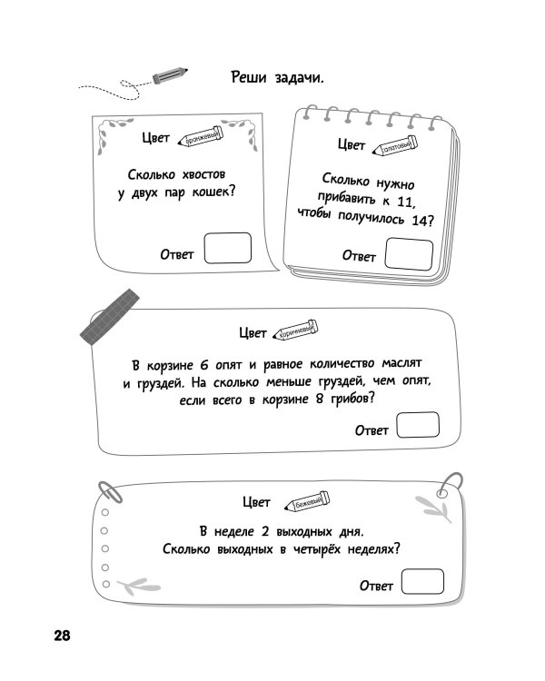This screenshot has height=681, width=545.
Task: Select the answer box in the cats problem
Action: [x=228, y=248]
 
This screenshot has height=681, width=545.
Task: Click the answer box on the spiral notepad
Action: [x=409, y=253]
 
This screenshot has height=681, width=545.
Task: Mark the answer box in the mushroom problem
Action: [x=418, y=425]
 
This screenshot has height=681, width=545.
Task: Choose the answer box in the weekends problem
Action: [x=422, y=582]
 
